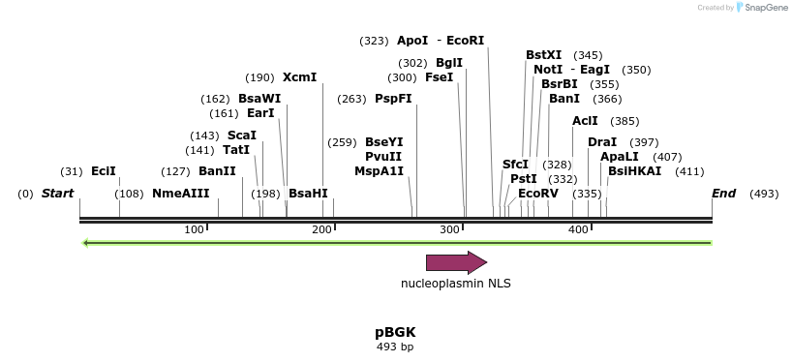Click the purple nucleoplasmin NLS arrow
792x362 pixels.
456,262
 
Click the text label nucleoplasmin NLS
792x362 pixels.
456,284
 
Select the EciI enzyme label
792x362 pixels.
104,171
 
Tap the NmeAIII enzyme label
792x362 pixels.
180,194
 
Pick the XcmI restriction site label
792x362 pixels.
299,77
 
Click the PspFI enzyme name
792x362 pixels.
393,99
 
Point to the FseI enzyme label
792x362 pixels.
439,77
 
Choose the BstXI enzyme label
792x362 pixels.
543,55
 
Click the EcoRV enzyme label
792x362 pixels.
538,194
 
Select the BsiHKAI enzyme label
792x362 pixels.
634,171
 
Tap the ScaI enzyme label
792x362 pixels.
241,136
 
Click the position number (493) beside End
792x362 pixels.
764,194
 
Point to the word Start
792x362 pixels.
57,194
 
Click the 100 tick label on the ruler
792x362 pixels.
194,229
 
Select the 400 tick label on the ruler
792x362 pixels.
578,229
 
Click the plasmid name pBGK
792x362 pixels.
395,332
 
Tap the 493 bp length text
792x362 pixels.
395,347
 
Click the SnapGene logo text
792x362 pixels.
765,8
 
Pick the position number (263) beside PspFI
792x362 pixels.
351,99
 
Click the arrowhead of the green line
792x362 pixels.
86,242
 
